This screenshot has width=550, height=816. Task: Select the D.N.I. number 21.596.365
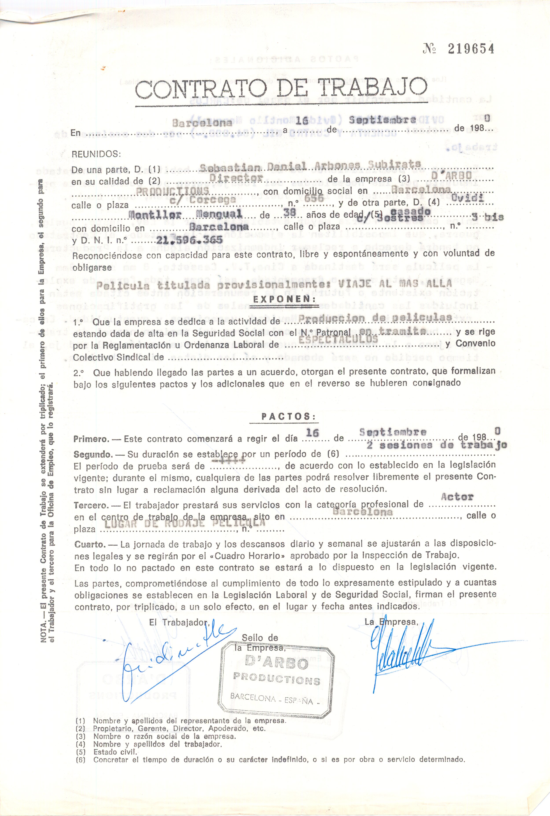(189, 240)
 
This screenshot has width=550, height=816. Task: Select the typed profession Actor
(457, 497)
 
